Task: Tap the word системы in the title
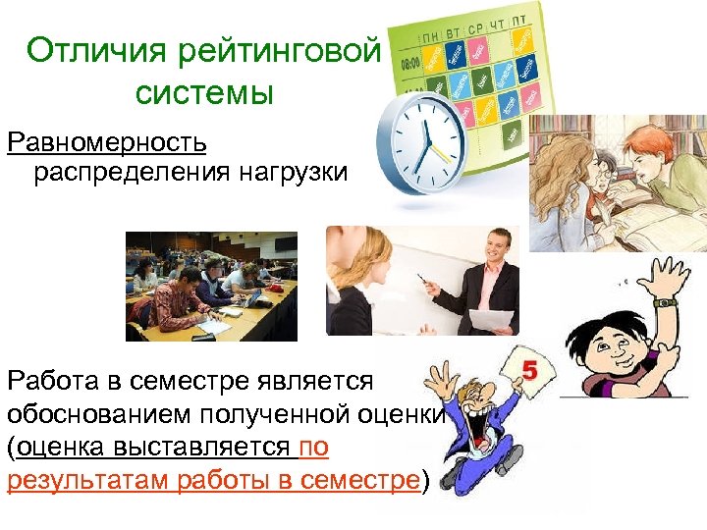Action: point(203,93)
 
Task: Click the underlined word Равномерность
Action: point(107,141)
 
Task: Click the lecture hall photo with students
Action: point(211,285)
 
